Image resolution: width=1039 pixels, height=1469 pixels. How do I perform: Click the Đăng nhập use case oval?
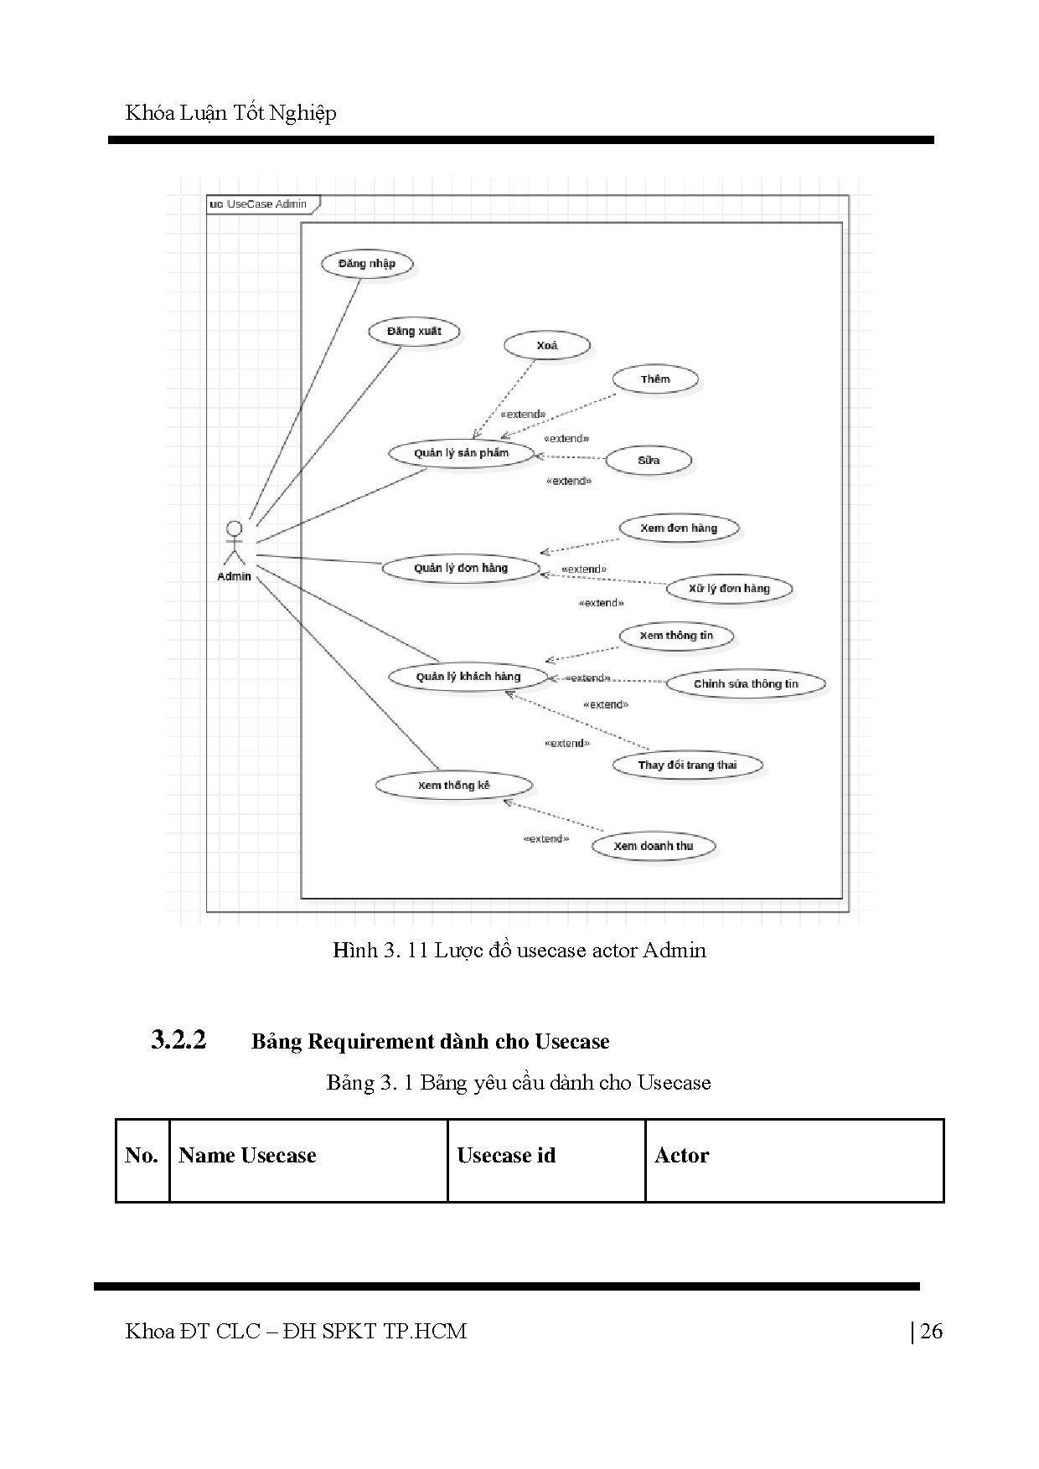coord(367,264)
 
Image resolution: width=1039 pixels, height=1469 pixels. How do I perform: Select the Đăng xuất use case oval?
coord(414,332)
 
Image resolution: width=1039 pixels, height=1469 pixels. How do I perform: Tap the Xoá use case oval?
coord(546,345)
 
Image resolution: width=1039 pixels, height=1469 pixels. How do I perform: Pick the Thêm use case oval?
coord(655,379)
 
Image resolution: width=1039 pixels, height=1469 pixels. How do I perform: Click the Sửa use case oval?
coord(649,461)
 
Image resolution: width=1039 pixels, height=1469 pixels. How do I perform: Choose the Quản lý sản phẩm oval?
coord(461,453)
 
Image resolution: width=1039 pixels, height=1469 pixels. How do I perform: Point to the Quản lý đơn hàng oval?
coord(460,568)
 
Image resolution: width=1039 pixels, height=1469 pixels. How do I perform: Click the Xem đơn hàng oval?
coord(679,528)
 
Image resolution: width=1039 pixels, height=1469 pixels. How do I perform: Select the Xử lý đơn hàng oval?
coord(729,588)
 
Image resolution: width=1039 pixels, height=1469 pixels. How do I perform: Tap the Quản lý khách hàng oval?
coord(468,677)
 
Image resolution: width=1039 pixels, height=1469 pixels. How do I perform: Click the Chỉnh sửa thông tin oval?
coord(746,684)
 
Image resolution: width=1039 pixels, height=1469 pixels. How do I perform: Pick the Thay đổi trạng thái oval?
coord(687,765)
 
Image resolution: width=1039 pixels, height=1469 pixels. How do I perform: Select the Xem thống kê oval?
coord(453,786)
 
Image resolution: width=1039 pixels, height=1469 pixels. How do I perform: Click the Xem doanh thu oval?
coord(654,846)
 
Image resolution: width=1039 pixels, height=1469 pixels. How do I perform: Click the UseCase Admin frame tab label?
coord(261,204)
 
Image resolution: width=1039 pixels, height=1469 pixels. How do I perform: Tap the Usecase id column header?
coord(506,1156)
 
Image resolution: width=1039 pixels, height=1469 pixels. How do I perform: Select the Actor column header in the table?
coord(681,1156)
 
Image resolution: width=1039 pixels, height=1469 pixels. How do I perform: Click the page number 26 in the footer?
coord(931,1331)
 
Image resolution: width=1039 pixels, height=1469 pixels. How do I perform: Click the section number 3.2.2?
coord(178,1040)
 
